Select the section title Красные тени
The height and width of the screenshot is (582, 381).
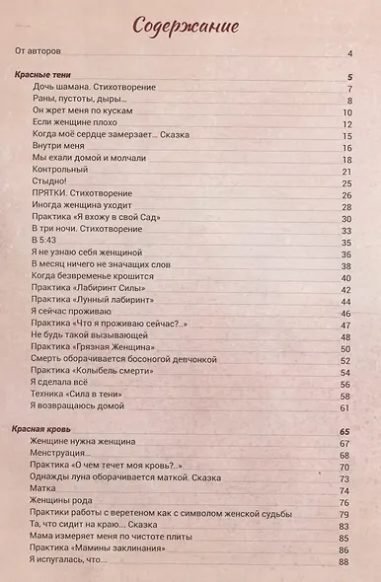pyautogui.click(x=50, y=76)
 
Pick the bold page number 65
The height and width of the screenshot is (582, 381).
pyautogui.click(x=345, y=431)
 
